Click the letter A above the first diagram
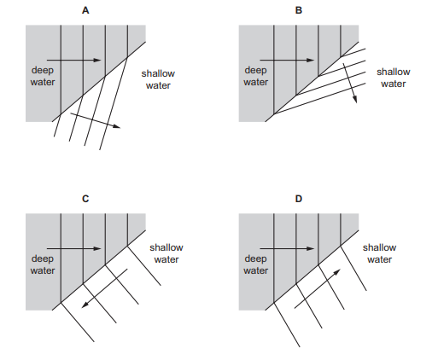point(85,10)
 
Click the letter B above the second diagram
point(299,10)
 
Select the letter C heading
point(85,199)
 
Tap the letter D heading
point(299,199)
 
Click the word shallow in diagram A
point(158,73)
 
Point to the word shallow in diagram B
point(394,72)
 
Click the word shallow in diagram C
point(166,247)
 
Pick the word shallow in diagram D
point(379,247)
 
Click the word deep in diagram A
point(43,71)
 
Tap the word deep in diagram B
point(255,71)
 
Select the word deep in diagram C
point(43,259)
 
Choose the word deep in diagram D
point(255,259)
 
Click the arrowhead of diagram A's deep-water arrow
point(97,60)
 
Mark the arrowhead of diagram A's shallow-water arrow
point(117,126)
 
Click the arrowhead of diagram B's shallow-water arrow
point(354,99)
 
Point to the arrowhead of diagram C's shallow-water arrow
point(85,305)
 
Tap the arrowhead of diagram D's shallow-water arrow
point(337,272)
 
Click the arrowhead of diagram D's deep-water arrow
point(311,248)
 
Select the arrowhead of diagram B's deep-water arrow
point(311,60)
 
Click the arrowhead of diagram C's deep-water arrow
point(97,248)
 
